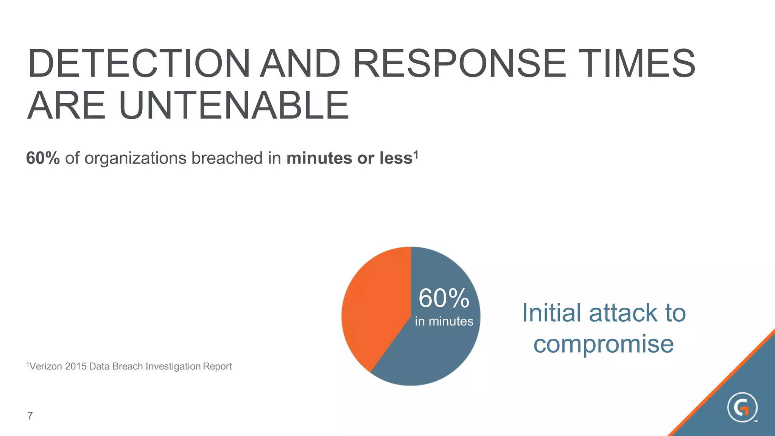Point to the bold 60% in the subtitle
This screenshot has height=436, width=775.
pyautogui.click(x=43, y=158)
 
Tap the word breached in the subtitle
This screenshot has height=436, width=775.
pyautogui.click(x=227, y=158)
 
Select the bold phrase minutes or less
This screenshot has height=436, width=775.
pyautogui.click(x=349, y=158)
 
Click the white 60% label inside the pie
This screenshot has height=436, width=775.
pyautogui.click(x=444, y=298)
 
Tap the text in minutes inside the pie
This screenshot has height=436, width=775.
pyautogui.click(x=444, y=321)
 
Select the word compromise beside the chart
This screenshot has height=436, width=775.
pyautogui.click(x=604, y=344)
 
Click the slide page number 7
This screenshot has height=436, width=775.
pyautogui.click(x=30, y=416)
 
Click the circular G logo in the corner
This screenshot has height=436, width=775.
pyautogui.click(x=742, y=408)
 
